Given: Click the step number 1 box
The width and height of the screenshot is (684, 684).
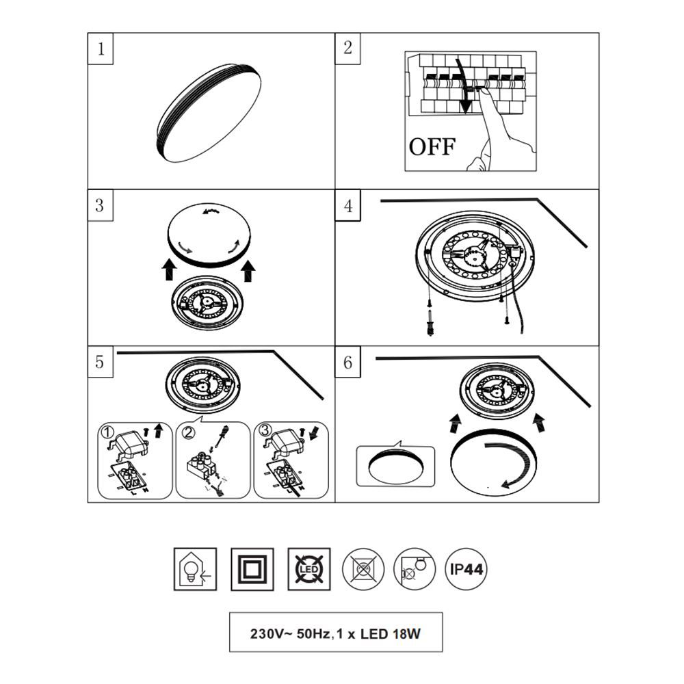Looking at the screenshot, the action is click(x=101, y=49).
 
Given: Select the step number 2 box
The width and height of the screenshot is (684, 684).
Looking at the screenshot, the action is click(x=347, y=49).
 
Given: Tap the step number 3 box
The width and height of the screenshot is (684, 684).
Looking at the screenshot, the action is click(x=101, y=205).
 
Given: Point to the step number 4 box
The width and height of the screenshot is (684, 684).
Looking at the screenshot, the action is click(x=347, y=205).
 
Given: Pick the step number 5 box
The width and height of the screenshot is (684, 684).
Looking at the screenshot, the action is click(x=101, y=362).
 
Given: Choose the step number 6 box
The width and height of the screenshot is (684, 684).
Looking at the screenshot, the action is click(x=347, y=362).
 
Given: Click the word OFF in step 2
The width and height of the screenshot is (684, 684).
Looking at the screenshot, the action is click(x=432, y=146).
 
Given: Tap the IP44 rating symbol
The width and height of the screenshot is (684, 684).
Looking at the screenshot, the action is click(x=466, y=569).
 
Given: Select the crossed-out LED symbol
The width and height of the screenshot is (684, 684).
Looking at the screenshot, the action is click(x=309, y=569).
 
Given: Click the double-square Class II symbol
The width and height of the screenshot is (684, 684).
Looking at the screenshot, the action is click(x=252, y=569).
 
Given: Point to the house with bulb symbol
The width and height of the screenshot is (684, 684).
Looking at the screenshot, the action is click(x=195, y=569).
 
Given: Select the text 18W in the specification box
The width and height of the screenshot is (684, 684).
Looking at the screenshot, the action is click(x=406, y=633).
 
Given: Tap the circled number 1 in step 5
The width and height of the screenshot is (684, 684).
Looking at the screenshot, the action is click(x=107, y=432).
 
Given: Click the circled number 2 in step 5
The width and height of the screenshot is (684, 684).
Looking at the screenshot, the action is click(x=188, y=432).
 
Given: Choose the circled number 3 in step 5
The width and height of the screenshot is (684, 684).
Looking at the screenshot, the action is click(x=265, y=430).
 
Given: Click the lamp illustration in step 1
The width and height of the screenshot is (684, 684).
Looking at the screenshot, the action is click(x=209, y=113).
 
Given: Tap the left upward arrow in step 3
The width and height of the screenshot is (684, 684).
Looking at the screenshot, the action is click(x=169, y=269).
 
